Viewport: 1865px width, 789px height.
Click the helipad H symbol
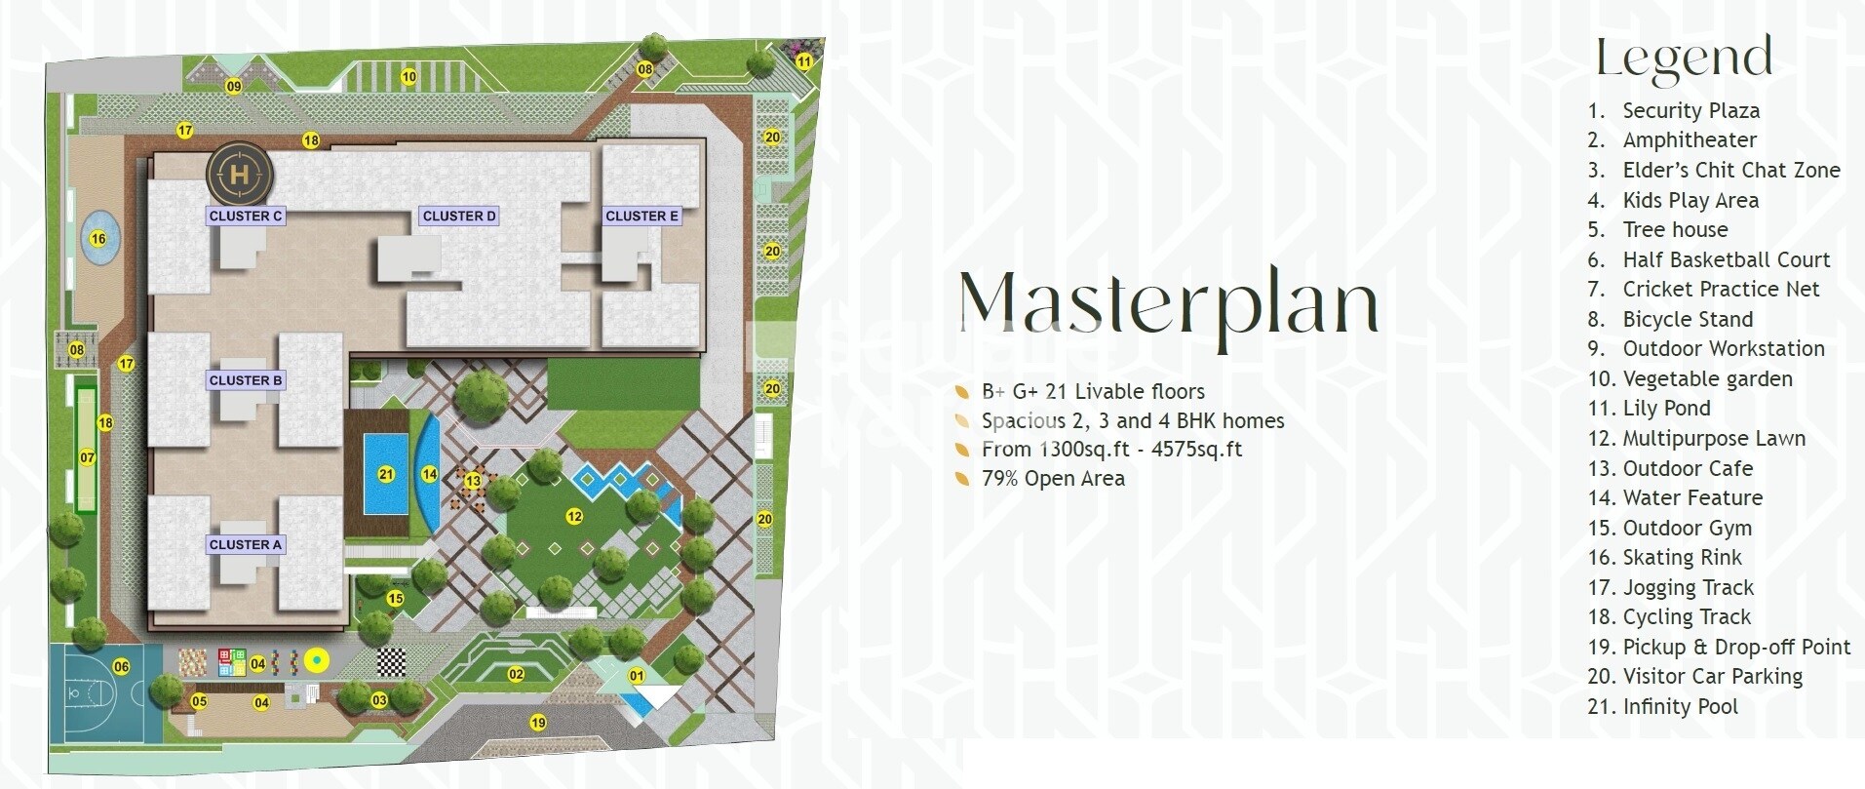coord(240,175)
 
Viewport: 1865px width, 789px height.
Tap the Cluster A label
coord(246,545)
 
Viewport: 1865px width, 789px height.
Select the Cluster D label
coord(459,217)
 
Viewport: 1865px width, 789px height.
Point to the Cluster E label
coord(641,217)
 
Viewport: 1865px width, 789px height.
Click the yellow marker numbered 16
coord(98,239)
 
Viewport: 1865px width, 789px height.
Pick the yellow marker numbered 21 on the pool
coord(386,475)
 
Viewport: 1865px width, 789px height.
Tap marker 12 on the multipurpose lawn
coord(573,516)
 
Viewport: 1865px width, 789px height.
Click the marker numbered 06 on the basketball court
coord(121,667)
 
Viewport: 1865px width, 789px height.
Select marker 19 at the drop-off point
coord(537,723)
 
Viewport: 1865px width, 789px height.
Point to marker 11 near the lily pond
coord(803,61)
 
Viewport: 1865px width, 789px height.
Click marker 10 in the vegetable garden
coord(408,76)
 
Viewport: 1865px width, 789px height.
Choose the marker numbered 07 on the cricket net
coord(87,457)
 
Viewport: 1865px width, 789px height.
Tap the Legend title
coord(1684,58)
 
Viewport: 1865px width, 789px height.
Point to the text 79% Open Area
coord(1053,479)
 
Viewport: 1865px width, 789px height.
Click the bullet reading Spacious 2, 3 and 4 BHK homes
coord(1132,421)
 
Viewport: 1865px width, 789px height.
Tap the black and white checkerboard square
coord(392,662)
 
